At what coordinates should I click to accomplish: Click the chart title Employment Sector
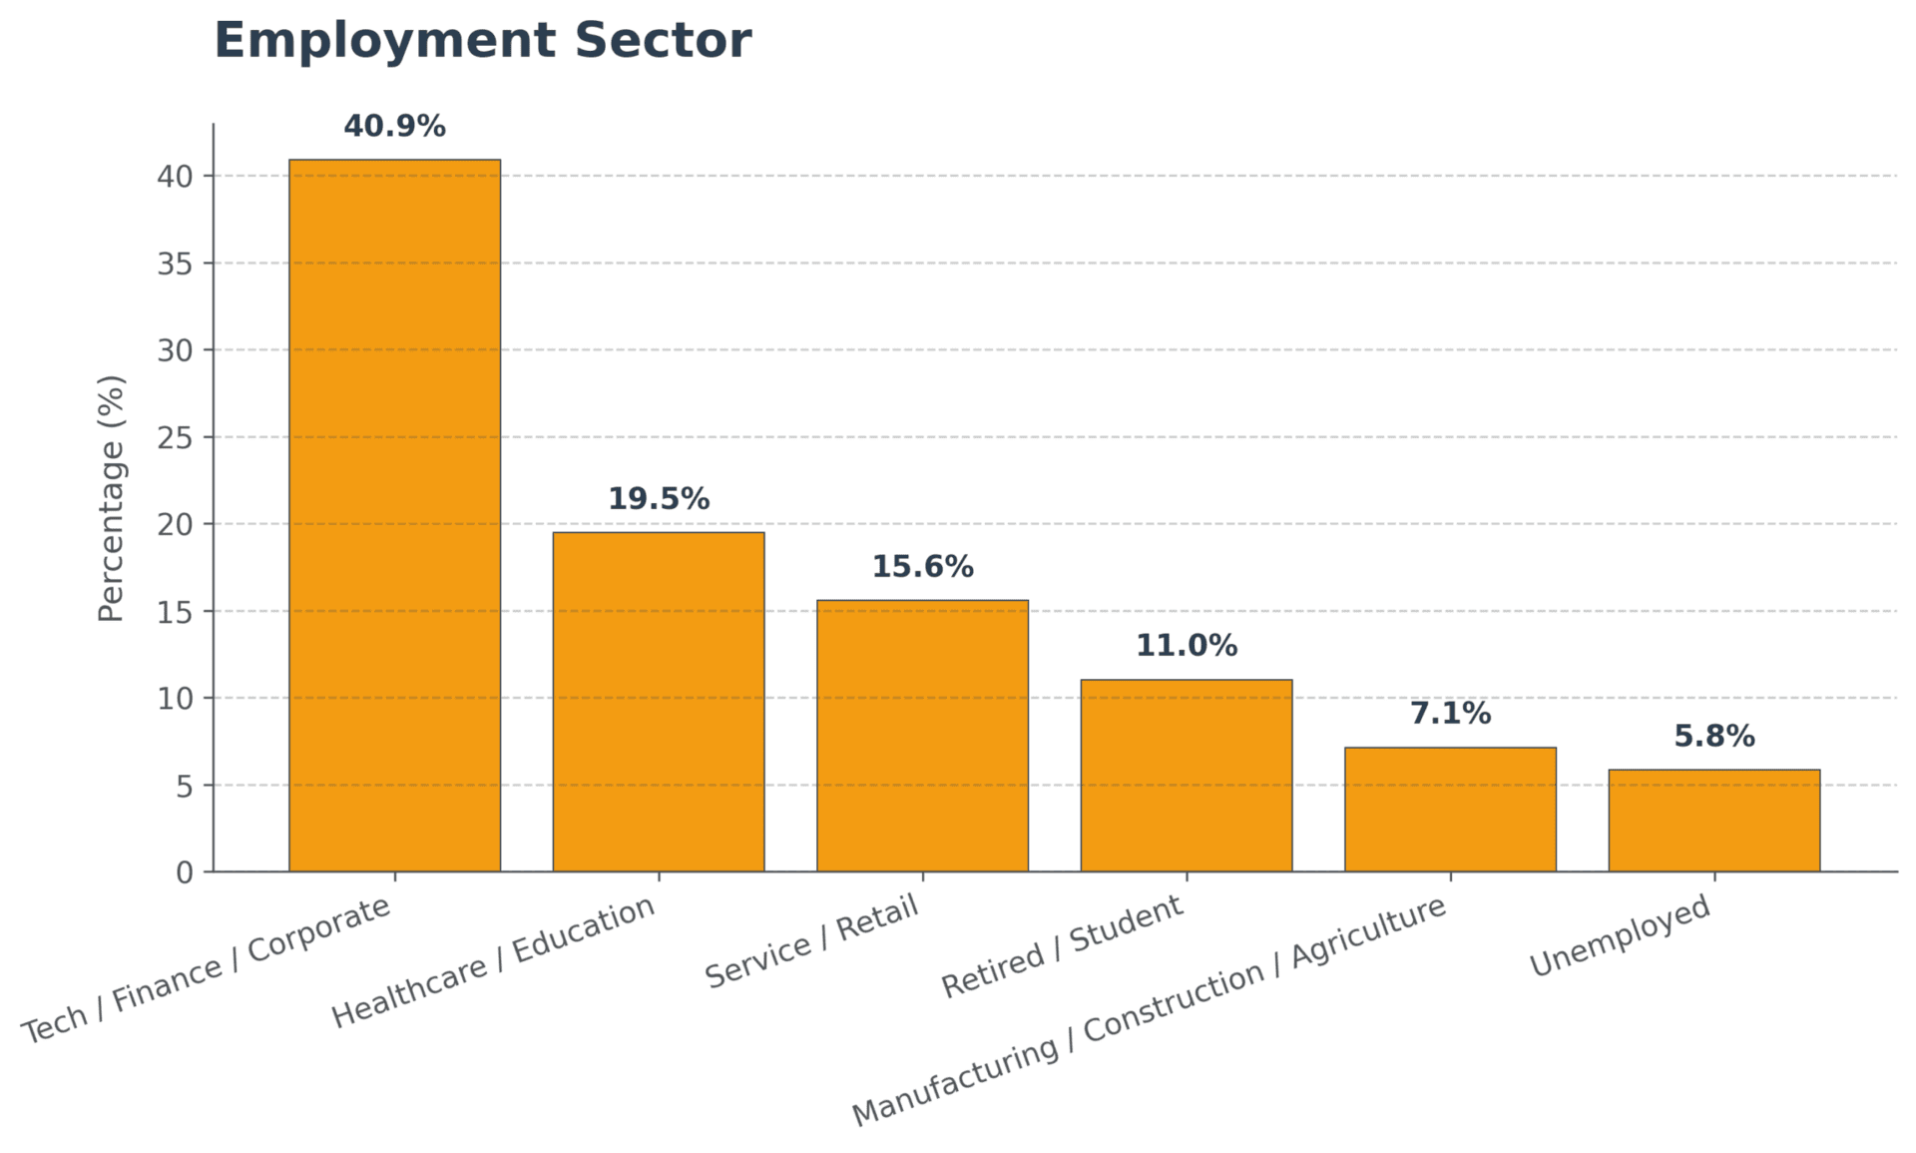482,42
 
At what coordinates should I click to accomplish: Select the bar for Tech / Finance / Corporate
394,515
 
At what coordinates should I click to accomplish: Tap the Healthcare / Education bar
659,702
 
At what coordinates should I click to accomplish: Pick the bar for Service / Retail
922,736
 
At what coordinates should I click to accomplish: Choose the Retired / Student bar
1186,776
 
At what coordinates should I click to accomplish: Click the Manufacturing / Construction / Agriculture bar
1450,810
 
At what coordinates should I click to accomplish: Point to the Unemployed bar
1713,821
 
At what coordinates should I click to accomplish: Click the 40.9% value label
394,127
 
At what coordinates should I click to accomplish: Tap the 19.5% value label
659,499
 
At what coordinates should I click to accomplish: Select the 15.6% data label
922,567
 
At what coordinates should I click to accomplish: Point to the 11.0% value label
1186,646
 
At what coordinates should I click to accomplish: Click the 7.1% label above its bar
1450,714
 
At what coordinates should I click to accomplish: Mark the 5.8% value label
1713,737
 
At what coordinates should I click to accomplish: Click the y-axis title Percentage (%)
112,498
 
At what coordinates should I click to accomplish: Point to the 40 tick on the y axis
175,177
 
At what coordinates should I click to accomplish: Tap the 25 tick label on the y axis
175,437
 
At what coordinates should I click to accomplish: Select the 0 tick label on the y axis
185,873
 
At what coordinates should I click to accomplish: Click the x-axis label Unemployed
1621,936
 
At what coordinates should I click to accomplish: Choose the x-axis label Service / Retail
811,942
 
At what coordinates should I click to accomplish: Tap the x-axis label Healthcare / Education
494,962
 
